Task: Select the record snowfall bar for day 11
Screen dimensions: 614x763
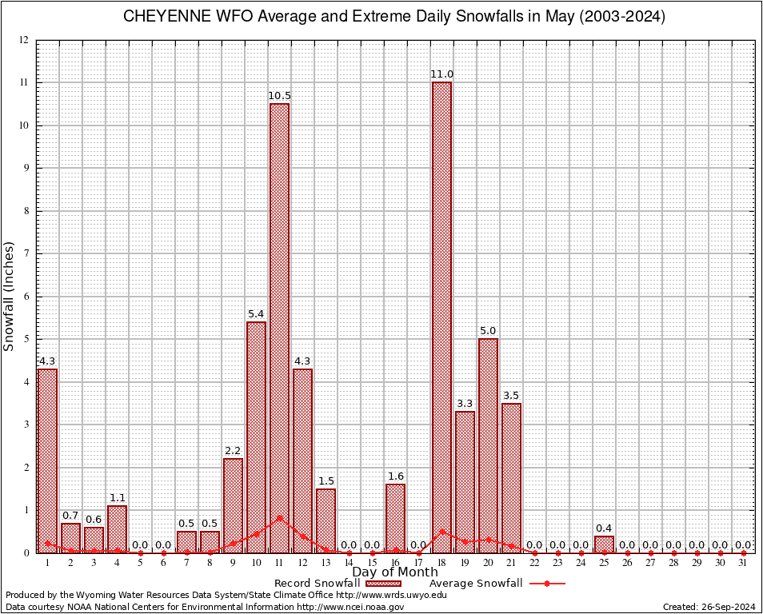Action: [x=279, y=328]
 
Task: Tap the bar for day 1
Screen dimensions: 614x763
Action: [x=47, y=460]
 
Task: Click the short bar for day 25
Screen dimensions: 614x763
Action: [x=604, y=544]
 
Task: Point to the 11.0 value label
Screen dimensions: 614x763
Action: [x=441, y=74]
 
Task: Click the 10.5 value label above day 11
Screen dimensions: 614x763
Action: [x=279, y=96]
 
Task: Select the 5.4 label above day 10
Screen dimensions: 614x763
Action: [x=256, y=314]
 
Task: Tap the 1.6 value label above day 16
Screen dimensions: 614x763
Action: [x=395, y=476]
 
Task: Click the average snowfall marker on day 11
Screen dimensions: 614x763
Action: [x=279, y=518]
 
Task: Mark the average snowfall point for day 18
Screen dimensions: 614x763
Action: [x=441, y=531]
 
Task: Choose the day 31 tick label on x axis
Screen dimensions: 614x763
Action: [x=743, y=563]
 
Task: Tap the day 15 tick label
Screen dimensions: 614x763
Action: [x=372, y=563]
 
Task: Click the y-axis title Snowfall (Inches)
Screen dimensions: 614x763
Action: [x=10, y=296]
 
